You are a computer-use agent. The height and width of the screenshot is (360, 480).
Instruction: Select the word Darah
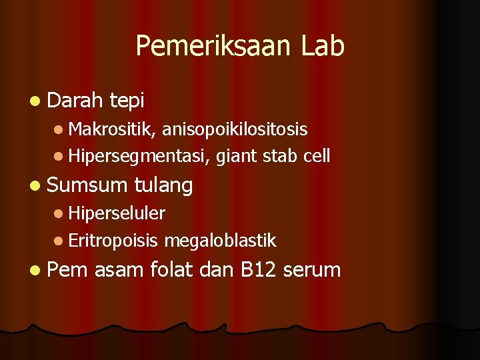click(x=75, y=101)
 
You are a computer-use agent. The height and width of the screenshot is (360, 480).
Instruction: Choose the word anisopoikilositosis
click(x=235, y=129)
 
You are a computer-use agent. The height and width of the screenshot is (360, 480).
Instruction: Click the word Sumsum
click(x=88, y=185)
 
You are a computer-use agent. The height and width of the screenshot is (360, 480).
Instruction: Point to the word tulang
click(x=163, y=186)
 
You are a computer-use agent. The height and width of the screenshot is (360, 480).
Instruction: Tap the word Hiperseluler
click(x=116, y=213)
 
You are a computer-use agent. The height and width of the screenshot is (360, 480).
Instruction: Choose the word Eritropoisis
click(x=113, y=241)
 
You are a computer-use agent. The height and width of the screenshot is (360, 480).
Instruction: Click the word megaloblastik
click(x=220, y=241)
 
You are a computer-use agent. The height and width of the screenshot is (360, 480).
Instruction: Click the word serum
click(x=312, y=271)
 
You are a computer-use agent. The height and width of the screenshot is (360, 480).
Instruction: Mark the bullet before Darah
click(x=35, y=101)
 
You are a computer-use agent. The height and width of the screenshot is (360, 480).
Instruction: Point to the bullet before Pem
click(x=35, y=270)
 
